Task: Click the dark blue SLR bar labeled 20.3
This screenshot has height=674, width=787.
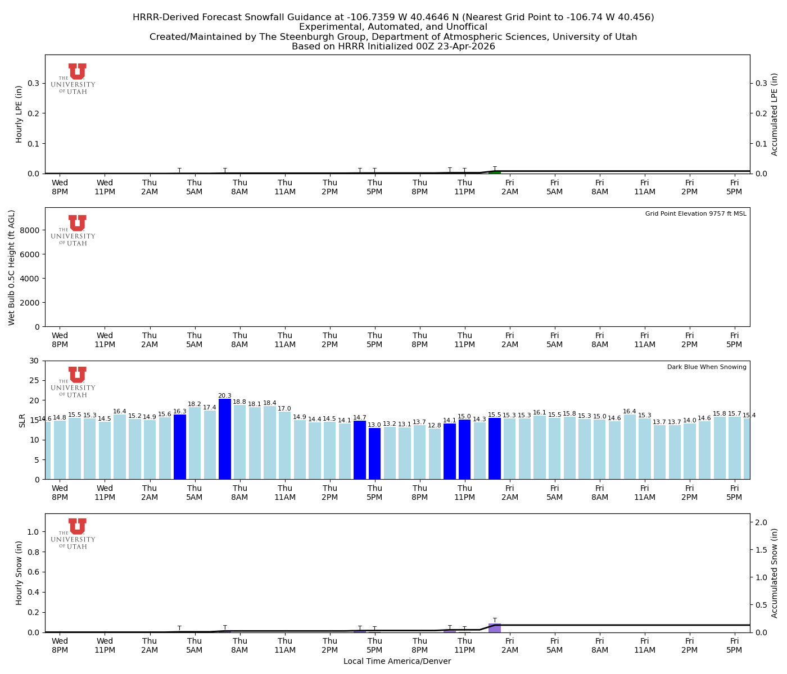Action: [225, 439]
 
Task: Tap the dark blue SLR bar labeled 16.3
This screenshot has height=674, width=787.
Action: [180, 447]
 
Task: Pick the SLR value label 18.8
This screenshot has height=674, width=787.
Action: [239, 402]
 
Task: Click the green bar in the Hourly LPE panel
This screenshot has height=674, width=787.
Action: [495, 172]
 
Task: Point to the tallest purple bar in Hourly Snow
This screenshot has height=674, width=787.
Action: [495, 628]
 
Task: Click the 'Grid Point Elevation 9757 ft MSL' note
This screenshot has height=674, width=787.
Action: [695, 214]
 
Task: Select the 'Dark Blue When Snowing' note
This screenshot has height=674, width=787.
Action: [707, 367]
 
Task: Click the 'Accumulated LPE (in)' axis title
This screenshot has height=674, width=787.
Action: [775, 114]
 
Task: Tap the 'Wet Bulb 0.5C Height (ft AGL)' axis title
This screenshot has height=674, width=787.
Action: [12, 267]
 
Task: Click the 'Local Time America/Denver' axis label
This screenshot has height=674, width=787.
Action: [397, 662]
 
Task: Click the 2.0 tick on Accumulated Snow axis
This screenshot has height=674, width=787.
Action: [761, 522]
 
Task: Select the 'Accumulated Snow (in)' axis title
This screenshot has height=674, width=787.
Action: [775, 573]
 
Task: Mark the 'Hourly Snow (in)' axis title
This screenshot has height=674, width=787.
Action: [19, 573]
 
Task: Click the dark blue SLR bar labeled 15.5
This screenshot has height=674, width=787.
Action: [495, 448]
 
